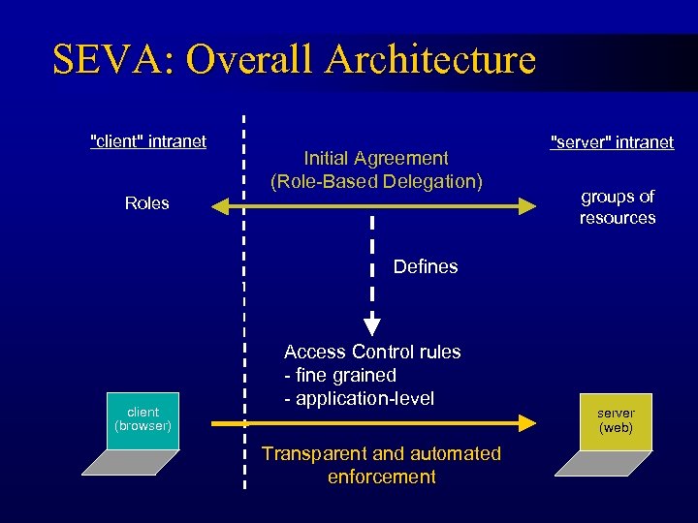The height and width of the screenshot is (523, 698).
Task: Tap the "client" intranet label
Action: click(147, 141)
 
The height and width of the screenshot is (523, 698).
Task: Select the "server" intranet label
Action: click(612, 142)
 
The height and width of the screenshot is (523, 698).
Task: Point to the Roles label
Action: click(147, 203)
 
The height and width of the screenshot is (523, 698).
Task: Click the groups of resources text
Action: click(618, 207)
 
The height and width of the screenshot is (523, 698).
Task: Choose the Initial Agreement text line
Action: click(376, 158)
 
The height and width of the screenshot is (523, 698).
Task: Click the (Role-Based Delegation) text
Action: click(376, 181)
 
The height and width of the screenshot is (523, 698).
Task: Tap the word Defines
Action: click(426, 266)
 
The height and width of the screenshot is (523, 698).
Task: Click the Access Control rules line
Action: click(372, 352)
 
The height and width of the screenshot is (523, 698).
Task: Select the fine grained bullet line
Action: click(340, 375)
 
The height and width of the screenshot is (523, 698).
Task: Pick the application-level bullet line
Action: click(359, 398)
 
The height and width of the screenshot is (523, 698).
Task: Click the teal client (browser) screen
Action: click(143, 419)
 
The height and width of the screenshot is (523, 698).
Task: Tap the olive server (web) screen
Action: click(616, 421)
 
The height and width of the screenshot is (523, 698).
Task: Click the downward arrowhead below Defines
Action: click(372, 326)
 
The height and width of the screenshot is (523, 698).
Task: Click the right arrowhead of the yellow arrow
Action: click(527, 423)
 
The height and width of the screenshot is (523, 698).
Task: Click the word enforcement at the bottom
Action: click(382, 477)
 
